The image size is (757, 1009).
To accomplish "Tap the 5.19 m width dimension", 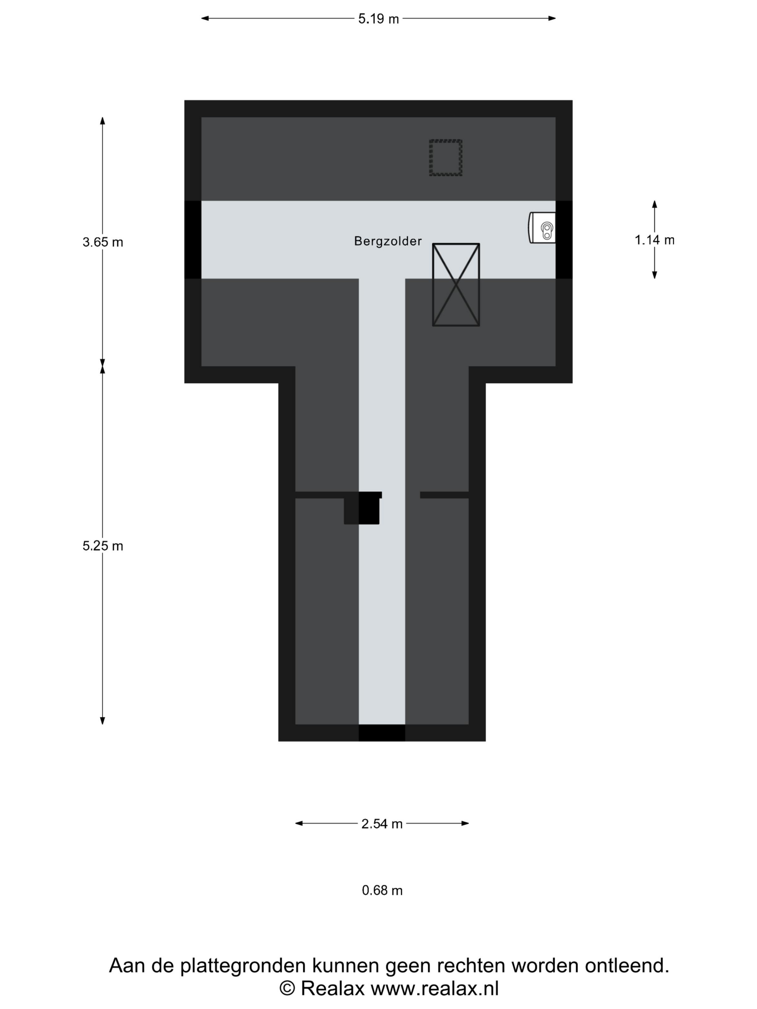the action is click(378, 19).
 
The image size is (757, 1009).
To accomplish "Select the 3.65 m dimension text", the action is click(103, 242).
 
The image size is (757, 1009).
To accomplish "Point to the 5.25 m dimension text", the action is click(103, 546).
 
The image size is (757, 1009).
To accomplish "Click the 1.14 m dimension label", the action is click(654, 240).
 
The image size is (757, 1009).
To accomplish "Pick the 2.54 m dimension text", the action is click(382, 824).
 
